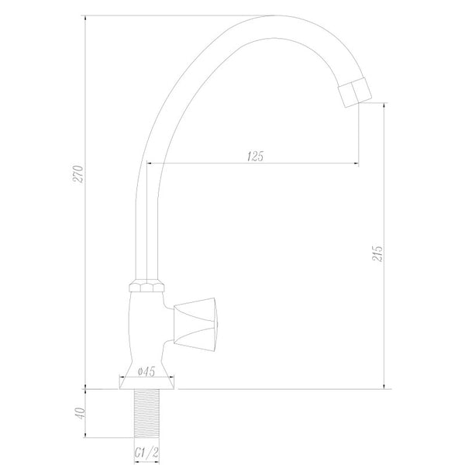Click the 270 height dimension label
click(x=79, y=174)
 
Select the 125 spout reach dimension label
click(x=255, y=156)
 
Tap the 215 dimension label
click(x=377, y=253)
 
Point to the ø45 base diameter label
click(x=146, y=371)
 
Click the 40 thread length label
click(x=80, y=413)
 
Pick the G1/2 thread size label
click(x=146, y=453)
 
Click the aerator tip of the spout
click(x=355, y=92)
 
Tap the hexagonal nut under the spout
click(x=146, y=285)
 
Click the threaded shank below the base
click(x=146, y=413)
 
